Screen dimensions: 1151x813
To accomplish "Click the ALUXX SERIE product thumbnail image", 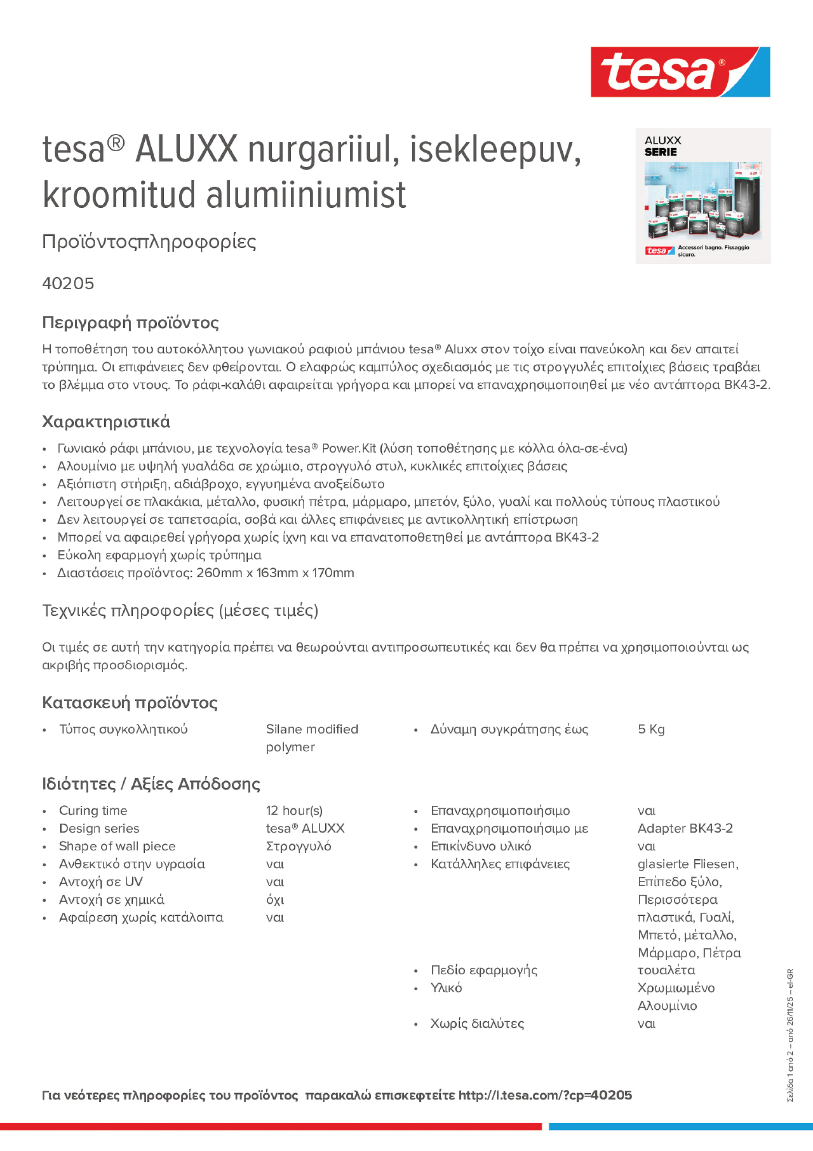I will click(703, 196).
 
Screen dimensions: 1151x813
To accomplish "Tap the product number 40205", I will click(68, 284).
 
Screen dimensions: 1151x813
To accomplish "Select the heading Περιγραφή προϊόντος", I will click(130, 322).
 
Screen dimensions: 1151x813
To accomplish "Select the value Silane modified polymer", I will click(312, 737).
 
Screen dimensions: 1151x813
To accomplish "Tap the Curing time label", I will click(93, 811).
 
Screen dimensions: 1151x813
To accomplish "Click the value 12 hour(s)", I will click(294, 811).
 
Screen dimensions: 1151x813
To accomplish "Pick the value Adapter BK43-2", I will click(685, 828).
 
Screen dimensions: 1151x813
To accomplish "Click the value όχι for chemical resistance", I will click(275, 899).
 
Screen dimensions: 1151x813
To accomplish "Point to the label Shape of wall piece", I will click(117, 846).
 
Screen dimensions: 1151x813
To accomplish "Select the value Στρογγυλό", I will click(298, 846).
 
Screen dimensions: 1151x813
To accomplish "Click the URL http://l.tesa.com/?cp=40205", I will click(545, 1095).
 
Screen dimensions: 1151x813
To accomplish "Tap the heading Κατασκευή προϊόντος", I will click(130, 702).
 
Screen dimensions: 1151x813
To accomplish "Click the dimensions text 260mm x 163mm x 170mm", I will click(275, 573).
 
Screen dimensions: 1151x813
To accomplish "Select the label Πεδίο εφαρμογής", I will click(484, 970).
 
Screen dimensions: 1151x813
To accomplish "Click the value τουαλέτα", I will click(666, 970).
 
